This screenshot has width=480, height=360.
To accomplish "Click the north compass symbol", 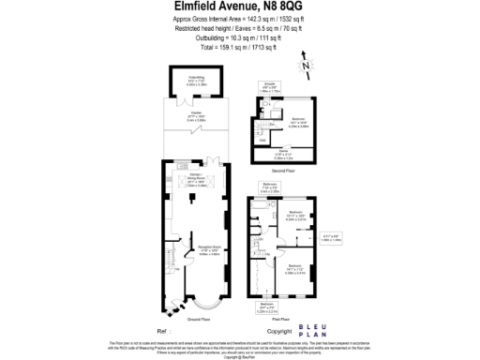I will point(305,66).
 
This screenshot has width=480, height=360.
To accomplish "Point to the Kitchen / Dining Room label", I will point(195,181).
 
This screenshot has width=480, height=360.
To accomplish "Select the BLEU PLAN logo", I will point(314,329).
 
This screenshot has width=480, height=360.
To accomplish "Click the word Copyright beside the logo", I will point(279,331).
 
